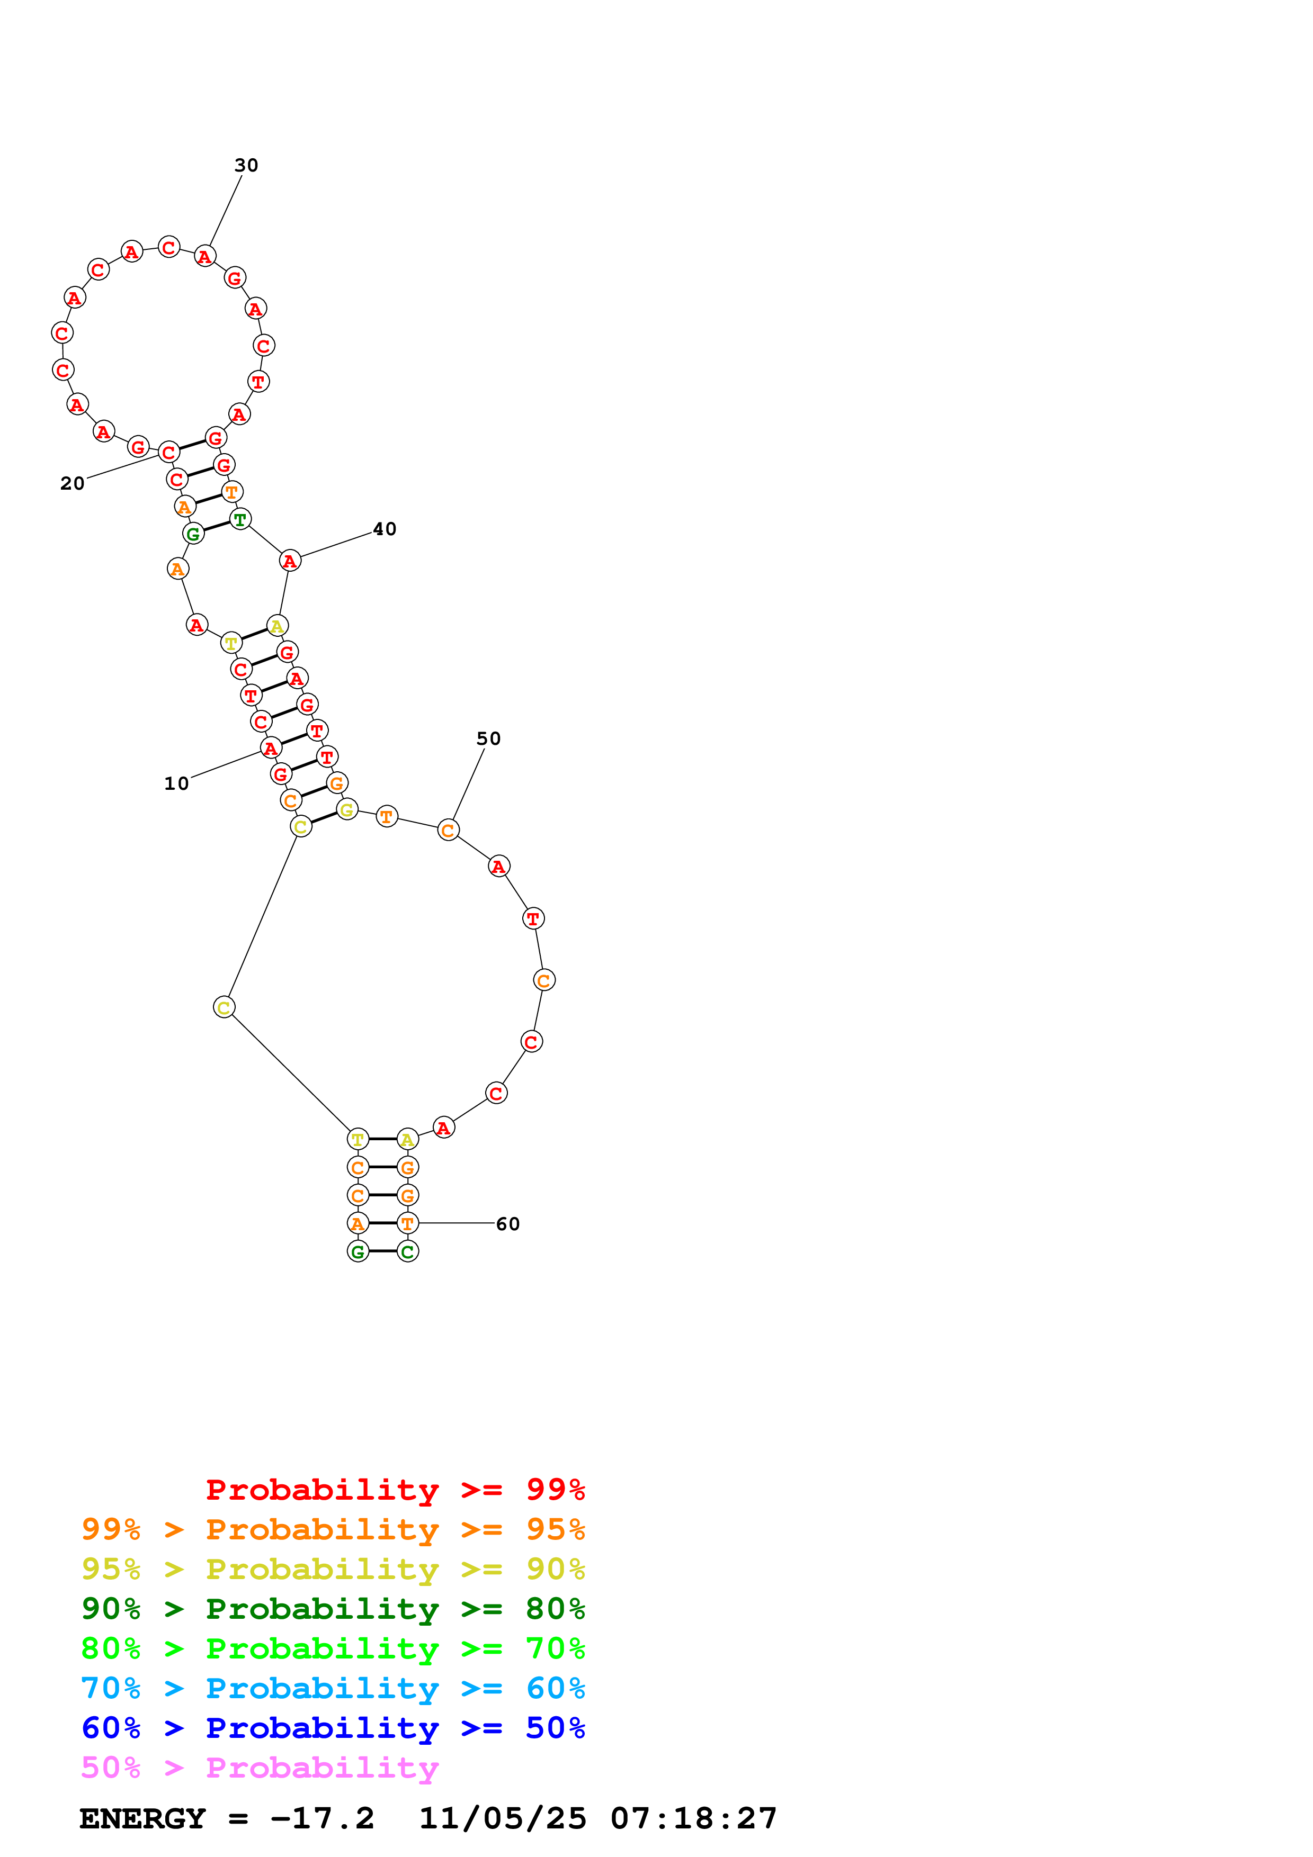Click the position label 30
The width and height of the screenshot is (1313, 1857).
[x=246, y=165]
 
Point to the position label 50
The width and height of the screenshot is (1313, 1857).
[x=489, y=738]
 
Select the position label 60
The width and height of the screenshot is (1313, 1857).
[x=508, y=1224]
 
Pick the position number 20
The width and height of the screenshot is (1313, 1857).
[x=72, y=484]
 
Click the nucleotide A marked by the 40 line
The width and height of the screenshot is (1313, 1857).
[x=290, y=561]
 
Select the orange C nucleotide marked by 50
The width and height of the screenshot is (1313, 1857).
[x=448, y=830]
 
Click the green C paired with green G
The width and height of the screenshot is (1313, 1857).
[x=408, y=1252]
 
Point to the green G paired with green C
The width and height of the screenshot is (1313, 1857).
[x=358, y=1252]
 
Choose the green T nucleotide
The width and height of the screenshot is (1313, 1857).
[x=240, y=519]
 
